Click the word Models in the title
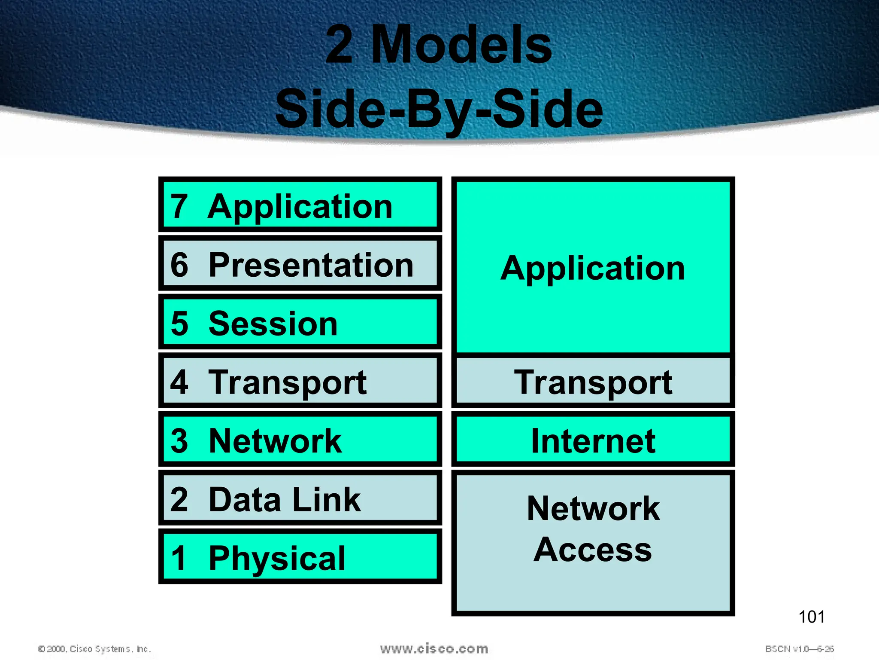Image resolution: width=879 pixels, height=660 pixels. coord(461,45)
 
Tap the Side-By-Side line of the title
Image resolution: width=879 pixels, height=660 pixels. coord(439,109)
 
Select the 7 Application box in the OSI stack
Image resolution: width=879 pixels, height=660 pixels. coord(300,205)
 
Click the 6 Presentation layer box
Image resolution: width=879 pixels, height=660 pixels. coord(300,264)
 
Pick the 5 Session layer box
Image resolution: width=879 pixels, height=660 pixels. coord(300,322)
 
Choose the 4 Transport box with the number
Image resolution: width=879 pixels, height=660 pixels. coord(300,381)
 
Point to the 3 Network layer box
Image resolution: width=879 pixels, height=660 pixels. coord(300,440)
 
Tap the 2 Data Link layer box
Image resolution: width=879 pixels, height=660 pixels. coord(300,498)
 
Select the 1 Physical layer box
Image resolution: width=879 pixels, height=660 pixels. coord(300,557)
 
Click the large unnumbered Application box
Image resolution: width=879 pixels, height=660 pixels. coord(593,267)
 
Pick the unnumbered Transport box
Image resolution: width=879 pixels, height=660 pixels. coord(593,382)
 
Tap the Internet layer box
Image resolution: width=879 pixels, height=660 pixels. coord(593,440)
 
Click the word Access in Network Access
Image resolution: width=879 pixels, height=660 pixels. coord(593,549)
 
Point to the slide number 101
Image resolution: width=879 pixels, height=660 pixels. coord(811,617)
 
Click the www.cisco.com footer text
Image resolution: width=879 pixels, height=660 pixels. coord(434,649)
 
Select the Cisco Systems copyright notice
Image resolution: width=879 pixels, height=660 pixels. coord(94,649)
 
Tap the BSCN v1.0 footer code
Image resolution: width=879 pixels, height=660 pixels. coord(799,649)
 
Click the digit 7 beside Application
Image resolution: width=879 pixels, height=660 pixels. coord(179,206)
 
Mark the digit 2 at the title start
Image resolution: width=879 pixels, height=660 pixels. coord(339,45)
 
